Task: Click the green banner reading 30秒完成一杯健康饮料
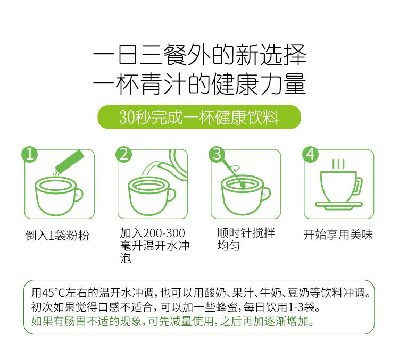click(199, 117)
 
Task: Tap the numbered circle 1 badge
click(29, 154)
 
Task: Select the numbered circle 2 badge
click(123, 154)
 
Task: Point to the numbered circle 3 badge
click(217, 154)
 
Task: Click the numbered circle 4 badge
click(311, 154)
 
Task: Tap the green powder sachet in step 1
click(70, 162)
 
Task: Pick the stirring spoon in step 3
click(233, 174)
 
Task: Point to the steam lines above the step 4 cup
click(338, 164)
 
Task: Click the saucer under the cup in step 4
click(339, 205)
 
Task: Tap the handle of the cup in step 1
click(79, 195)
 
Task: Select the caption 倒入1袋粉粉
click(57, 236)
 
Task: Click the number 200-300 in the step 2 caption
click(164, 233)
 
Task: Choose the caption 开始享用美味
click(338, 235)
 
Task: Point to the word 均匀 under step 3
click(229, 246)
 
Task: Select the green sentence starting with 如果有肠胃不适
click(172, 322)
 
